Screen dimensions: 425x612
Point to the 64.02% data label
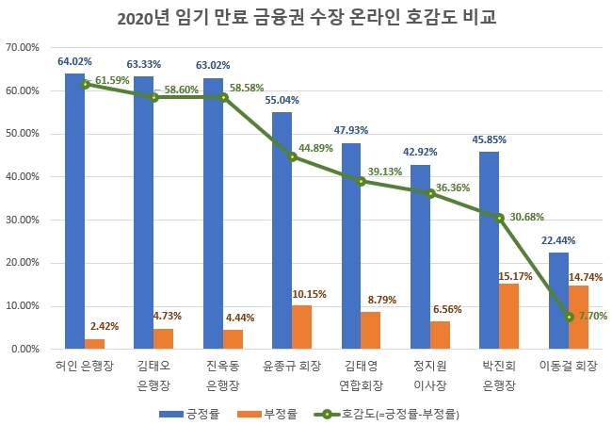[74, 62]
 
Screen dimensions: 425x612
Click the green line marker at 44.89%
[293, 156]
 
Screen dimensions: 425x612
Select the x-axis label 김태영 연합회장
[362, 375]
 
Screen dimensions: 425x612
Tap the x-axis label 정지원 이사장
[431, 375]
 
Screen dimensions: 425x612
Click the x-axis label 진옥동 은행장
[224, 375]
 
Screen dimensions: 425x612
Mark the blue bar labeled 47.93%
[351, 246]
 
